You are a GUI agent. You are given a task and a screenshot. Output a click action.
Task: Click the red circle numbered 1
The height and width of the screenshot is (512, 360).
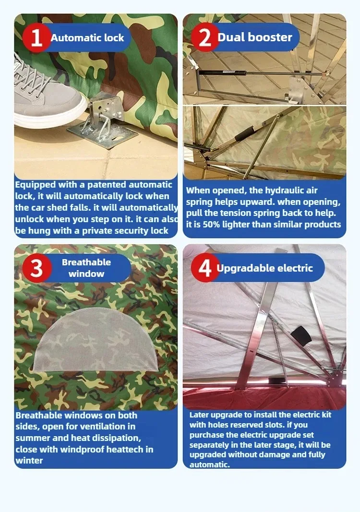[36, 37]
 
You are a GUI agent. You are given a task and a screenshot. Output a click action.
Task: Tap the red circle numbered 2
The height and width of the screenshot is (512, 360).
[205, 37]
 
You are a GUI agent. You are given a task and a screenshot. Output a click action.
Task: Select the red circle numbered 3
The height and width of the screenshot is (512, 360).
[36, 268]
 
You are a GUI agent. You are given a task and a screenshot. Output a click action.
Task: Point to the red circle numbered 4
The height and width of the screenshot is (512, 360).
[205, 268]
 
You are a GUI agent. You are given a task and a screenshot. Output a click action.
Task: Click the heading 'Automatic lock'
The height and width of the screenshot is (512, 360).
[87, 38]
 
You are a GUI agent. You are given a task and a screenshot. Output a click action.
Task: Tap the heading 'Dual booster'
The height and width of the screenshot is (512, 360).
[255, 37]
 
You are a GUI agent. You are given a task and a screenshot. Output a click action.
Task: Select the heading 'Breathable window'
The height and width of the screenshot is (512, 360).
[86, 268]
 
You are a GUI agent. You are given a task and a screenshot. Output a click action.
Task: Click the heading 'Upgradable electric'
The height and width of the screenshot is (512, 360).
[264, 268]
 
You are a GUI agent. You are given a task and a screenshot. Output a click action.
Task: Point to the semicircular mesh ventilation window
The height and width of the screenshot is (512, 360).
[95, 340]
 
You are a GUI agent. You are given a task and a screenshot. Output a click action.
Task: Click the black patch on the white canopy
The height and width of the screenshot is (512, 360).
[301, 336]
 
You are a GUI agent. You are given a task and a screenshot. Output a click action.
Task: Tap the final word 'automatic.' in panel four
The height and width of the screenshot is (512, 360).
[210, 464]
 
